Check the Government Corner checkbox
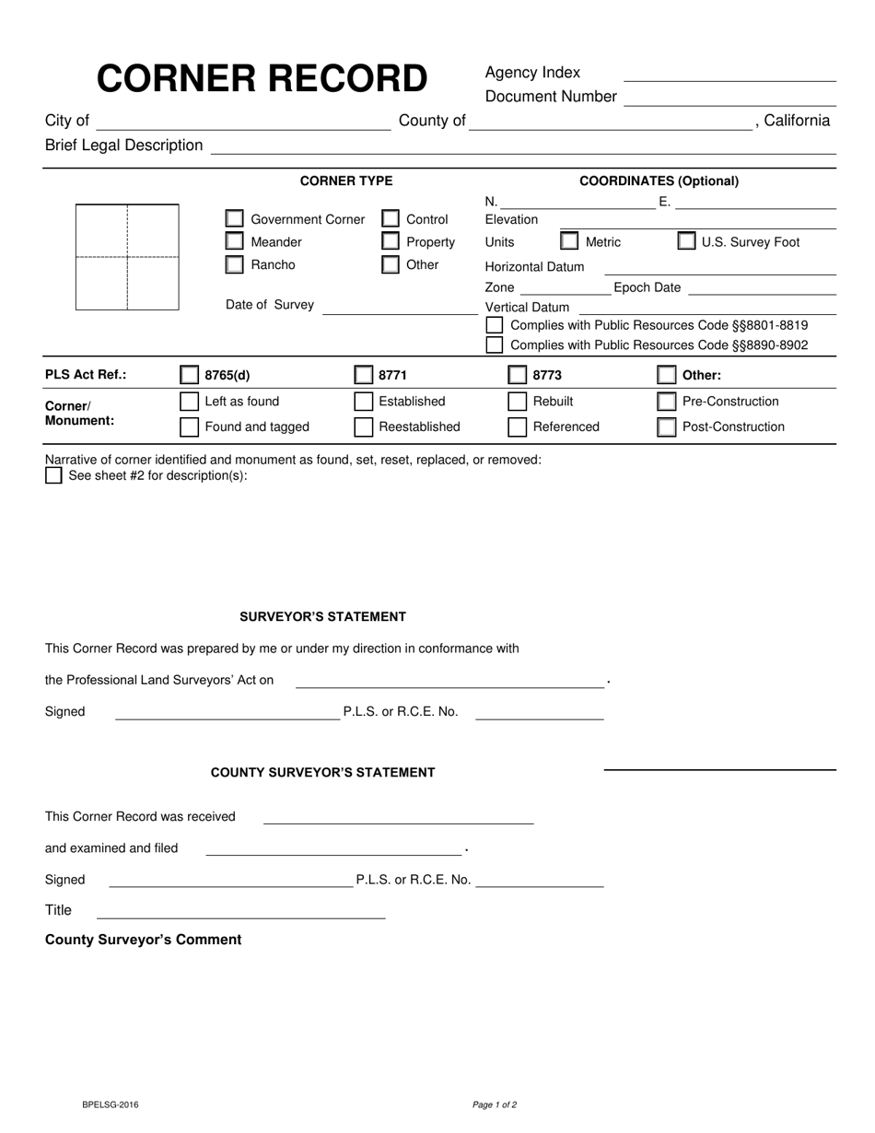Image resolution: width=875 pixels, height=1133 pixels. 235,219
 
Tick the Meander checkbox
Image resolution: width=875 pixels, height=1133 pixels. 235,242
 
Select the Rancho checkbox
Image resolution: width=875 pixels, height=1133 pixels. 235,265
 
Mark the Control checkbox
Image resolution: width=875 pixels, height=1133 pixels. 391,219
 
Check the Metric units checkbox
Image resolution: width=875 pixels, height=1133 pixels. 569,242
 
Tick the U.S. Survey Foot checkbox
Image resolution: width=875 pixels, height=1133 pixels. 686,242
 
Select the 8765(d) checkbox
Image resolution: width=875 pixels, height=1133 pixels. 189,375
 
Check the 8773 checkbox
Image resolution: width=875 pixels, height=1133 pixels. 518,375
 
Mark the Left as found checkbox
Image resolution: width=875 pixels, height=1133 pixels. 189,402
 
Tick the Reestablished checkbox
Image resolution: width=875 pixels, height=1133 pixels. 364,426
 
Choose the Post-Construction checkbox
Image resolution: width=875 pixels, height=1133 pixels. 666,426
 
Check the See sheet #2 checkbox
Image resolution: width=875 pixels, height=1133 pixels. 53,475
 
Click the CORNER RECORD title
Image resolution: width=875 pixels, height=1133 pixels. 262,79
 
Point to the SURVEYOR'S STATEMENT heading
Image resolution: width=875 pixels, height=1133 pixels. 322,616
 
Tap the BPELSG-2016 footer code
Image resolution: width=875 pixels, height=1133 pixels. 111,1104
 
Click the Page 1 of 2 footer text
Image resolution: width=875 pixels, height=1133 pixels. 495,1104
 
